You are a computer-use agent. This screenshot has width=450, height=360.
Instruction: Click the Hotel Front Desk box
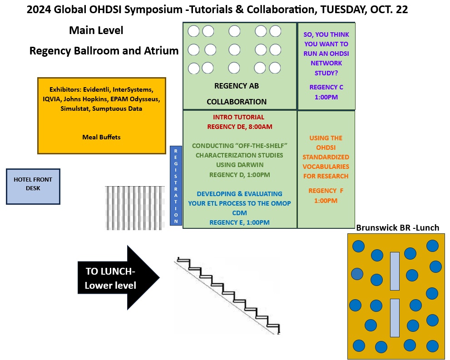(33, 186)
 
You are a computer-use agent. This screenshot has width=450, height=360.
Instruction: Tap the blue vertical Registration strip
(176, 186)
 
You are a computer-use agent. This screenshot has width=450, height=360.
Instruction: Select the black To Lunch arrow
(118, 278)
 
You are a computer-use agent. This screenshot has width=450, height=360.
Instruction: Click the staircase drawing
(227, 295)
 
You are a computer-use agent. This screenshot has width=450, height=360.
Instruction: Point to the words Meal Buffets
(101, 137)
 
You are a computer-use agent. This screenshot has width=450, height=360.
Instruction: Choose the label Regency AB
(236, 86)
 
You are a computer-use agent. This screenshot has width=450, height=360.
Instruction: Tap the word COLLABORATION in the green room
(236, 102)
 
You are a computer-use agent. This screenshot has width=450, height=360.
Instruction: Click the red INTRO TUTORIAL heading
(238, 117)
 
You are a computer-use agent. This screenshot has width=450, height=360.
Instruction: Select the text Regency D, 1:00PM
(239, 174)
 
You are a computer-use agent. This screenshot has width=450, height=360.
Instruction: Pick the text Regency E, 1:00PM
(239, 222)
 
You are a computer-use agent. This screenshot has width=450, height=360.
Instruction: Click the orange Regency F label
(326, 191)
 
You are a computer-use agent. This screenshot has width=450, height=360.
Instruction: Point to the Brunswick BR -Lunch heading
(397, 228)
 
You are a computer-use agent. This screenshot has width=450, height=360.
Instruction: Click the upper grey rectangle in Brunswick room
(395, 271)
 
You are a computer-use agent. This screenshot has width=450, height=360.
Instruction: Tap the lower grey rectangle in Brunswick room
(395, 318)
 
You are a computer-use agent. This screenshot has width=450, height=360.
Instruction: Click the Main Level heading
(96, 30)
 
